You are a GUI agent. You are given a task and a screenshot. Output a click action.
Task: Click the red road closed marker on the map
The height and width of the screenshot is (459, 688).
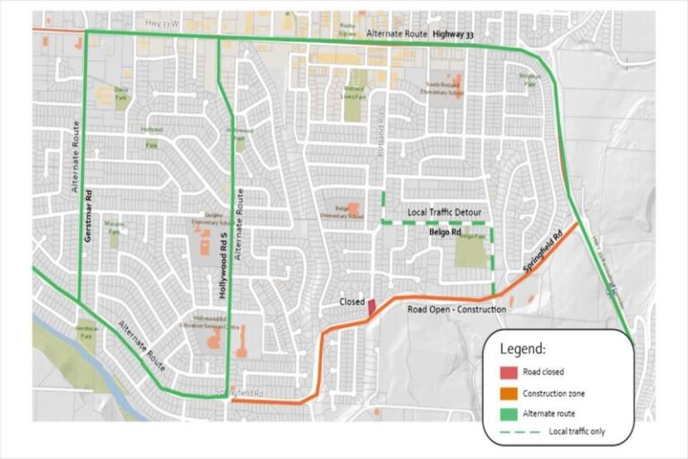[372, 307]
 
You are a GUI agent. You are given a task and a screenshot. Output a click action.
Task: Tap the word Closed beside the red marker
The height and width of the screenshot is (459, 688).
[350, 302]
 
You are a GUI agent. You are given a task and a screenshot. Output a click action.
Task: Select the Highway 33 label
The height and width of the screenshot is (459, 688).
[452, 34]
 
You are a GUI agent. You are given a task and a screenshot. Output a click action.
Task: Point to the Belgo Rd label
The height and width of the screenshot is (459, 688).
[444, 231]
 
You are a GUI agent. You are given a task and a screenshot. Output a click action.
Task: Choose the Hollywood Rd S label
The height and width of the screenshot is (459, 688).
[222, 264]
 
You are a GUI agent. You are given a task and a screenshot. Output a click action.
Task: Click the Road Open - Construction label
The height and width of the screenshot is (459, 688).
[457, 309]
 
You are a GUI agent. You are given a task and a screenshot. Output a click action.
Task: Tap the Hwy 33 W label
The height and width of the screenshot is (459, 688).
[161, 20]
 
